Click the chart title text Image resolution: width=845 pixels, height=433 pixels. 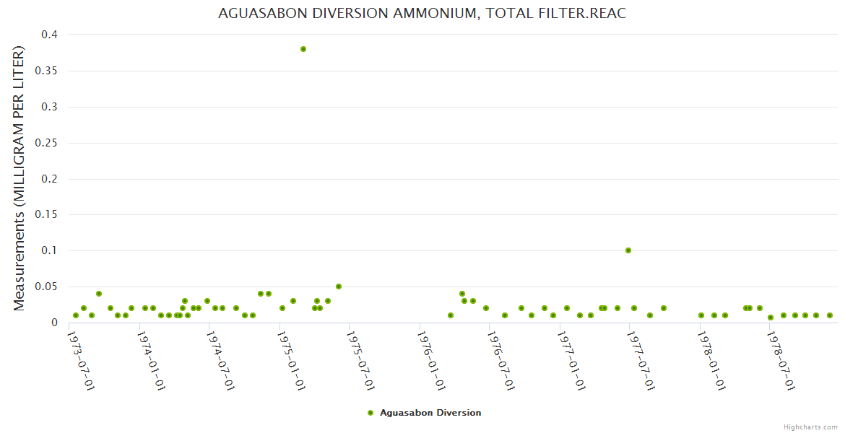coord(422,14)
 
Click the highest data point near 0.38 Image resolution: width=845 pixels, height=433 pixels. coord(303,49)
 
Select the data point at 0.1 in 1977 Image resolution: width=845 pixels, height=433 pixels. coord(628,250)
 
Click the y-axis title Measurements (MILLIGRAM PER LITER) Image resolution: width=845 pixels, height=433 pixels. coord(19,178)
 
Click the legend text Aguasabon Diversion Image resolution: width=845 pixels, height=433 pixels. coord(430,413)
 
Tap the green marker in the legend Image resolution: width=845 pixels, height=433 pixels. coord(370,413)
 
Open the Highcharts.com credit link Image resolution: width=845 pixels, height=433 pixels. coord(810,427)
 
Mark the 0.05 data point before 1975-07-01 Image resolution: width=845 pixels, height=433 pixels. coord(338,287)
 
